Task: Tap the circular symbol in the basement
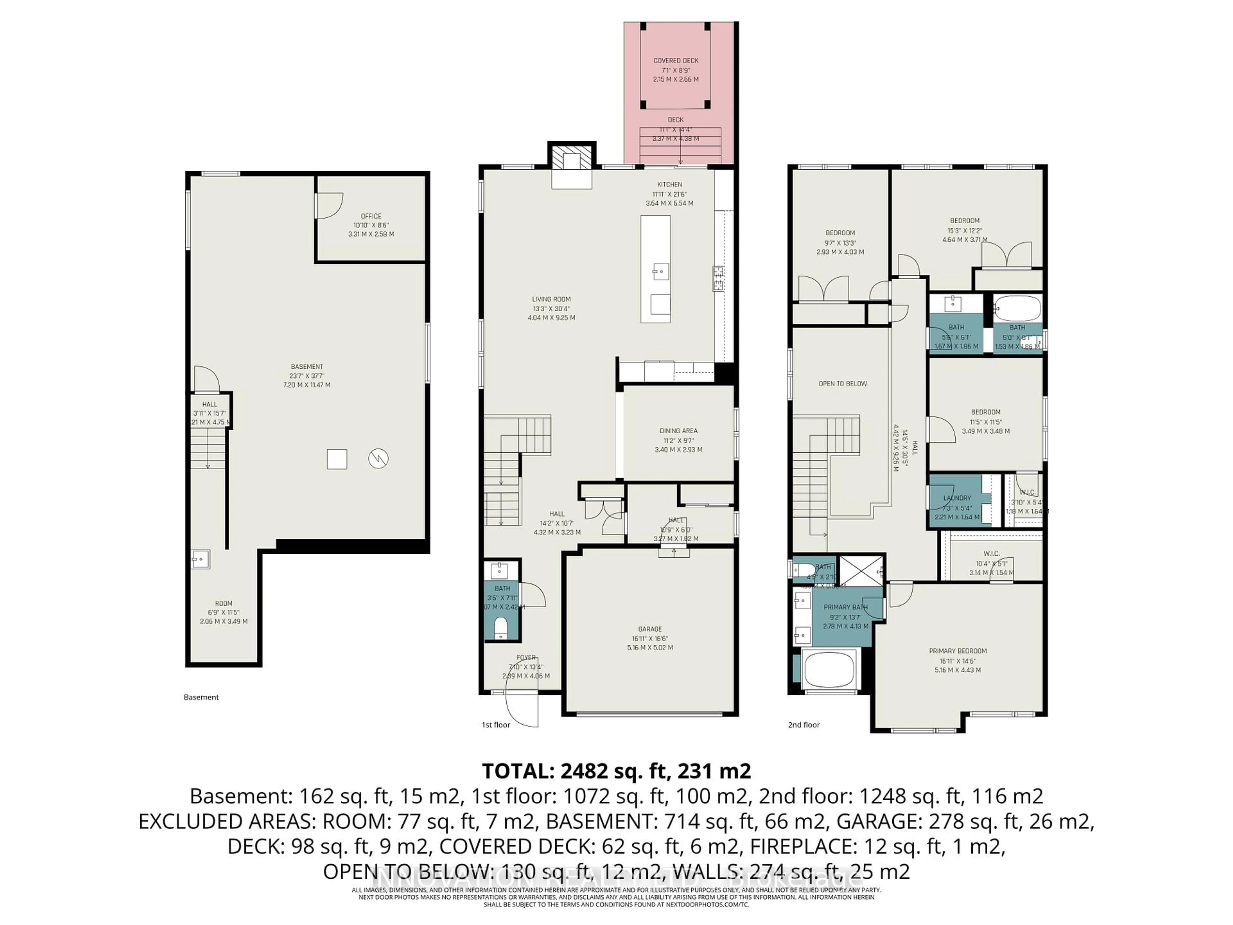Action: (x=379, y=459)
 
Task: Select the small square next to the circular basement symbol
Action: (x=337, y=459)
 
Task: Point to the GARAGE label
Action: (x=650, y=629)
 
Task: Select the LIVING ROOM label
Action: (x=551, y=299)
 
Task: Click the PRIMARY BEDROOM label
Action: (x=958, y=651)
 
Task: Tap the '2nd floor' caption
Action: (x=803, y=725)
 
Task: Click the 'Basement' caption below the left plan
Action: (x=201, y=697)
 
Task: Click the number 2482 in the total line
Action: (x=576, y=771)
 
